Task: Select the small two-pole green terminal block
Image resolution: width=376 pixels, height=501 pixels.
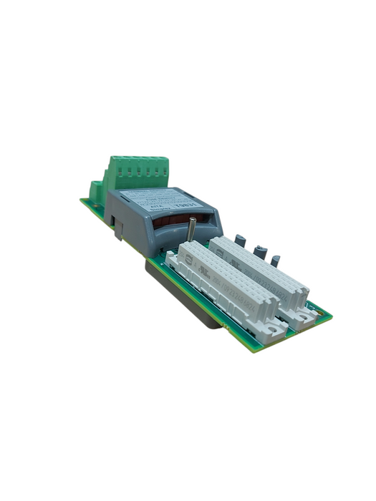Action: (x=95, y=190)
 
